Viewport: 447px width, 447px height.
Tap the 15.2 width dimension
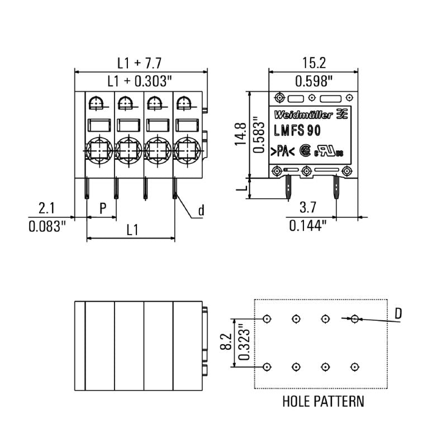coord(314,63)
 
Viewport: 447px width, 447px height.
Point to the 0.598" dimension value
coord(314,81)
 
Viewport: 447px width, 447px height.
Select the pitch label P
coord(103,208)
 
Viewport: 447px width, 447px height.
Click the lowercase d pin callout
coord(201,211)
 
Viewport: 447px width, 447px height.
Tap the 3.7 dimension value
coord(308,208)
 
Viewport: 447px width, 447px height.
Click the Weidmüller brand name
coord(303,115)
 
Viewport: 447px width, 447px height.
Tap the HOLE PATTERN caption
coord(323,401)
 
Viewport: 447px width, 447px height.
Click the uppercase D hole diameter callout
coord(398,314)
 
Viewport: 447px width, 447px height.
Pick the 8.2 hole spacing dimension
coord(226,343)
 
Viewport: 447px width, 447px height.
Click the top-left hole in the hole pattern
coord(267,318)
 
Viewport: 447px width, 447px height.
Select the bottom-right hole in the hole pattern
coord(354,367)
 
